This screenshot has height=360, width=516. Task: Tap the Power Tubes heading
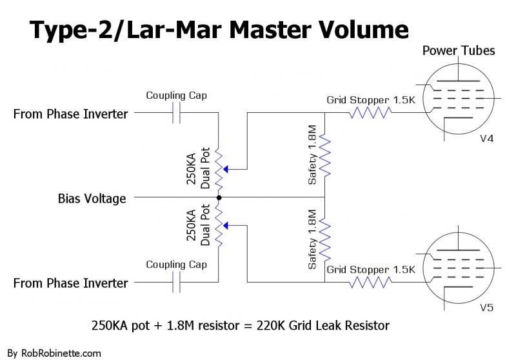(458, 50)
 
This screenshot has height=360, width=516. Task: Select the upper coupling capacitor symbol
(176, 114)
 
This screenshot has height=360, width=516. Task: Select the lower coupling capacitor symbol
(176, 282)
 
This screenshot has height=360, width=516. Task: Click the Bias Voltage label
(92, 199)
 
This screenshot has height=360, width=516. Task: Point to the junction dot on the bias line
(219, 197)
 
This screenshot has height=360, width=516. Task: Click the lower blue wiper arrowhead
(225, 226)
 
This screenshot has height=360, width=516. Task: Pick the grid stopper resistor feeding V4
(370, 113)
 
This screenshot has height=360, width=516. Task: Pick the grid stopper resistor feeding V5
(370, 282)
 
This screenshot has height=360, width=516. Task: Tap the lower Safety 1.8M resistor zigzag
(325, 239)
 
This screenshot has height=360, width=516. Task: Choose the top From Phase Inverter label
(71, 114)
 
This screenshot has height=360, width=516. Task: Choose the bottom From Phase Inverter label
(71, 283)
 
